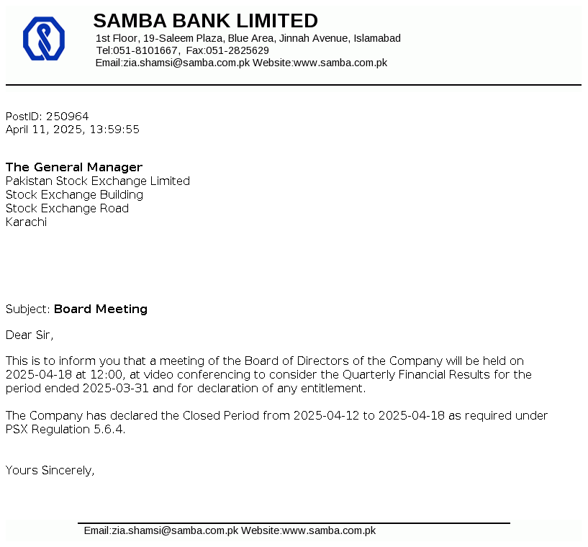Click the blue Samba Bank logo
click(44, 38)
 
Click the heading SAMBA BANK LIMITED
click(205, 20)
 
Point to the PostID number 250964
click(68, 116)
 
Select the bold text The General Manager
click(74, 168)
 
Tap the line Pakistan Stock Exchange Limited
click(98, 181)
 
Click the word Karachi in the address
click(26, 222)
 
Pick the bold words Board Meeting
click(101, 309)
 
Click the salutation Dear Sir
click(30, 335)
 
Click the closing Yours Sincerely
click(50, 471)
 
